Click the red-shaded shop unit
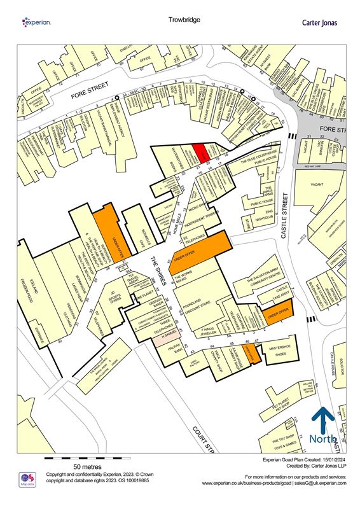click(x=200, y=152)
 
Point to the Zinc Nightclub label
click(x=268, y=214)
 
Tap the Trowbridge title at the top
click(x=184, y=20)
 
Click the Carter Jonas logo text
click(x=319, y=22)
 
